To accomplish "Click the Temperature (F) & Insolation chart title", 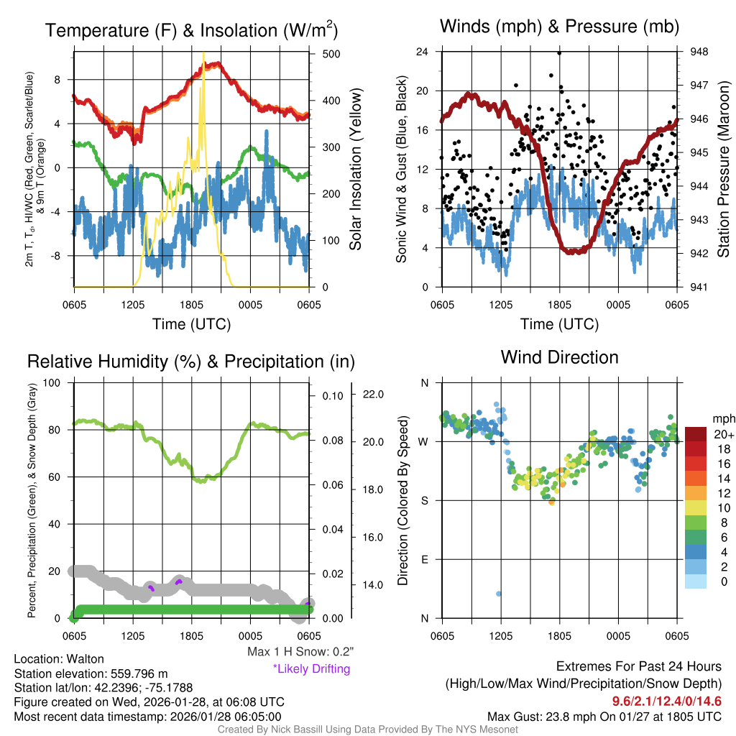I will click(x=191, y=30).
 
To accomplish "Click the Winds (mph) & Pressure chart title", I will click(x=559, y=27).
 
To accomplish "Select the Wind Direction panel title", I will click(x=559, y=357).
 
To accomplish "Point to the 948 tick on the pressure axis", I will click(x=699, y=52).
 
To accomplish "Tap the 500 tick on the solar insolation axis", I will click(x=332, y=53).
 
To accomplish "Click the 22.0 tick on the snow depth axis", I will click(x=374, y=395).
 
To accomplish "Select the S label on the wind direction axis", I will click(x=425, y=500).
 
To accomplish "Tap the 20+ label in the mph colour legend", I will click(x=724, y=434).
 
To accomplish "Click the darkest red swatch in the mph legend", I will click(x=696, y=434).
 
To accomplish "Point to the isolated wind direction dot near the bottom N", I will click(x=499, y=594).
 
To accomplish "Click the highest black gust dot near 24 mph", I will click(x=559, y=52).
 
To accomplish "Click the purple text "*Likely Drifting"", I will click(x=311, y=669).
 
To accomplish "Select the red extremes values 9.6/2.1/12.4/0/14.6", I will click(x=666, y=701).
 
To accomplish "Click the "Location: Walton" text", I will click(x=59, y=659).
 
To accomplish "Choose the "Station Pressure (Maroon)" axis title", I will click(x=723, y=169).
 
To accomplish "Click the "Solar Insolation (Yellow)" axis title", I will click(x=356, y=169).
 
